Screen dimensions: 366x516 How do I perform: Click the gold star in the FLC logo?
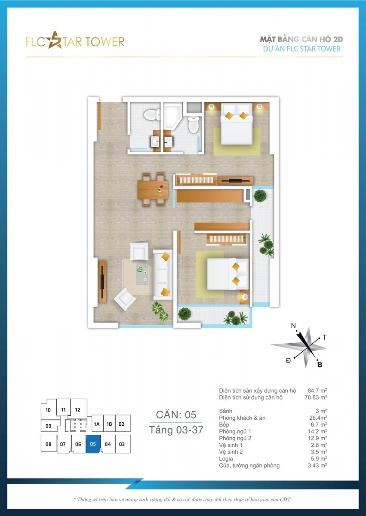[x=55, y=40]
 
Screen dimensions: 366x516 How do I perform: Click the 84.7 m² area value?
[x=317, y=390]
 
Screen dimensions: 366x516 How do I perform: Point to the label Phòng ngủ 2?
[x=235, y=438]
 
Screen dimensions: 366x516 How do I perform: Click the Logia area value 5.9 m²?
[x=319, y=458]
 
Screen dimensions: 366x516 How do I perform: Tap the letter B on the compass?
[x=320, y=365]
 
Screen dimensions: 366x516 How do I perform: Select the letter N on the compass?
[x=293, y=326]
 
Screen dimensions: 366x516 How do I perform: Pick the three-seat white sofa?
[x=163, y=275]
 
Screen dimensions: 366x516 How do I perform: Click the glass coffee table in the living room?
[x=142, y=274]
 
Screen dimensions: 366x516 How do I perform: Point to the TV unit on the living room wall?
[x=102, y=281]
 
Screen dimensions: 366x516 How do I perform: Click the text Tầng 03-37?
[x=176, y=430]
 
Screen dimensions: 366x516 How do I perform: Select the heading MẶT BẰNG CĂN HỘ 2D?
[x=301, y=40]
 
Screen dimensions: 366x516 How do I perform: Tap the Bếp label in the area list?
[x=224, y=424]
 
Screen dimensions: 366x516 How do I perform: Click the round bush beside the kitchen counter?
[x=260, y=196]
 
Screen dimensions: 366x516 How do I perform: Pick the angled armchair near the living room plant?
[x=125, y=299]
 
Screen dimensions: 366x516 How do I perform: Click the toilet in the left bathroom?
[x=152, y=114]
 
